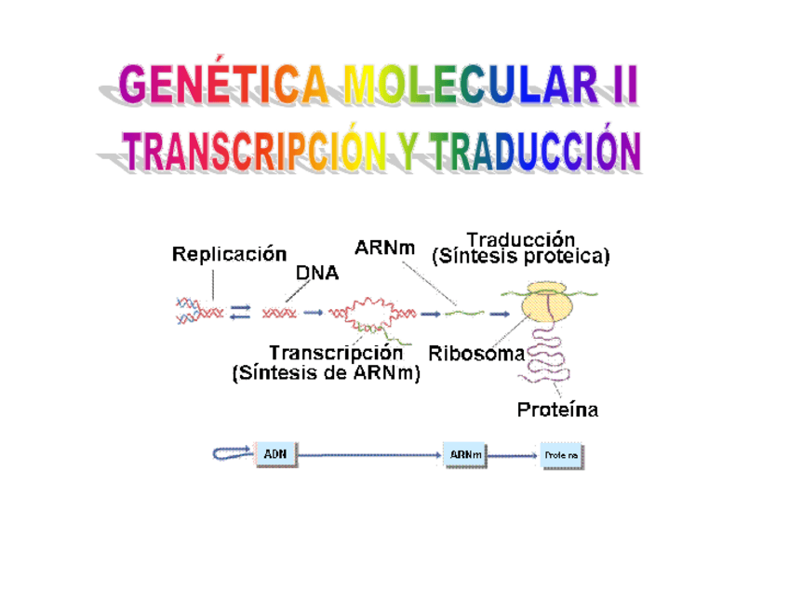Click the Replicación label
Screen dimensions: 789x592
(228, 253)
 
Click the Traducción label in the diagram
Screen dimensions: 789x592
(521, 239)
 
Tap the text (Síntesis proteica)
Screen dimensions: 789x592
(521, 257)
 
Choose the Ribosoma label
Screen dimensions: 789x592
(475, 354)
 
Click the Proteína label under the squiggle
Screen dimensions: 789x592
(557, 410)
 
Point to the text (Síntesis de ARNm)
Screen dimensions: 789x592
(326, 374)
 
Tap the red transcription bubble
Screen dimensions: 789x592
(370, 312)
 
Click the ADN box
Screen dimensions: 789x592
(275, 453)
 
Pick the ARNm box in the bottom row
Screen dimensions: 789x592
(465, 453)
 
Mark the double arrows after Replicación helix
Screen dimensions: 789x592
(240, 314)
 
